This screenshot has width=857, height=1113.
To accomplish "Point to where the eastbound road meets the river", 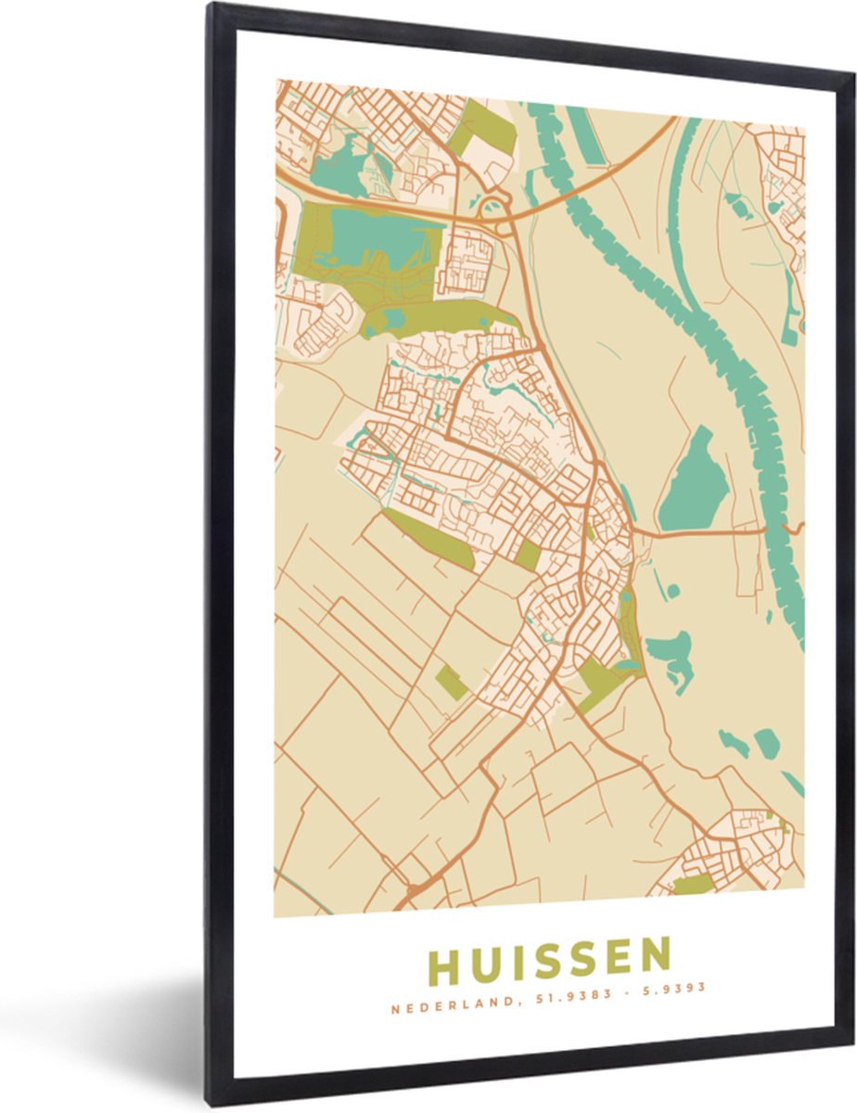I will click(x=766, y=531).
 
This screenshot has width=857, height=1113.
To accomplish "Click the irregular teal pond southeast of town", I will click(x=671, y=653).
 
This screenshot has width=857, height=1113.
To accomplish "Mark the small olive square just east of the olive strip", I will click(x=527, y=555).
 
